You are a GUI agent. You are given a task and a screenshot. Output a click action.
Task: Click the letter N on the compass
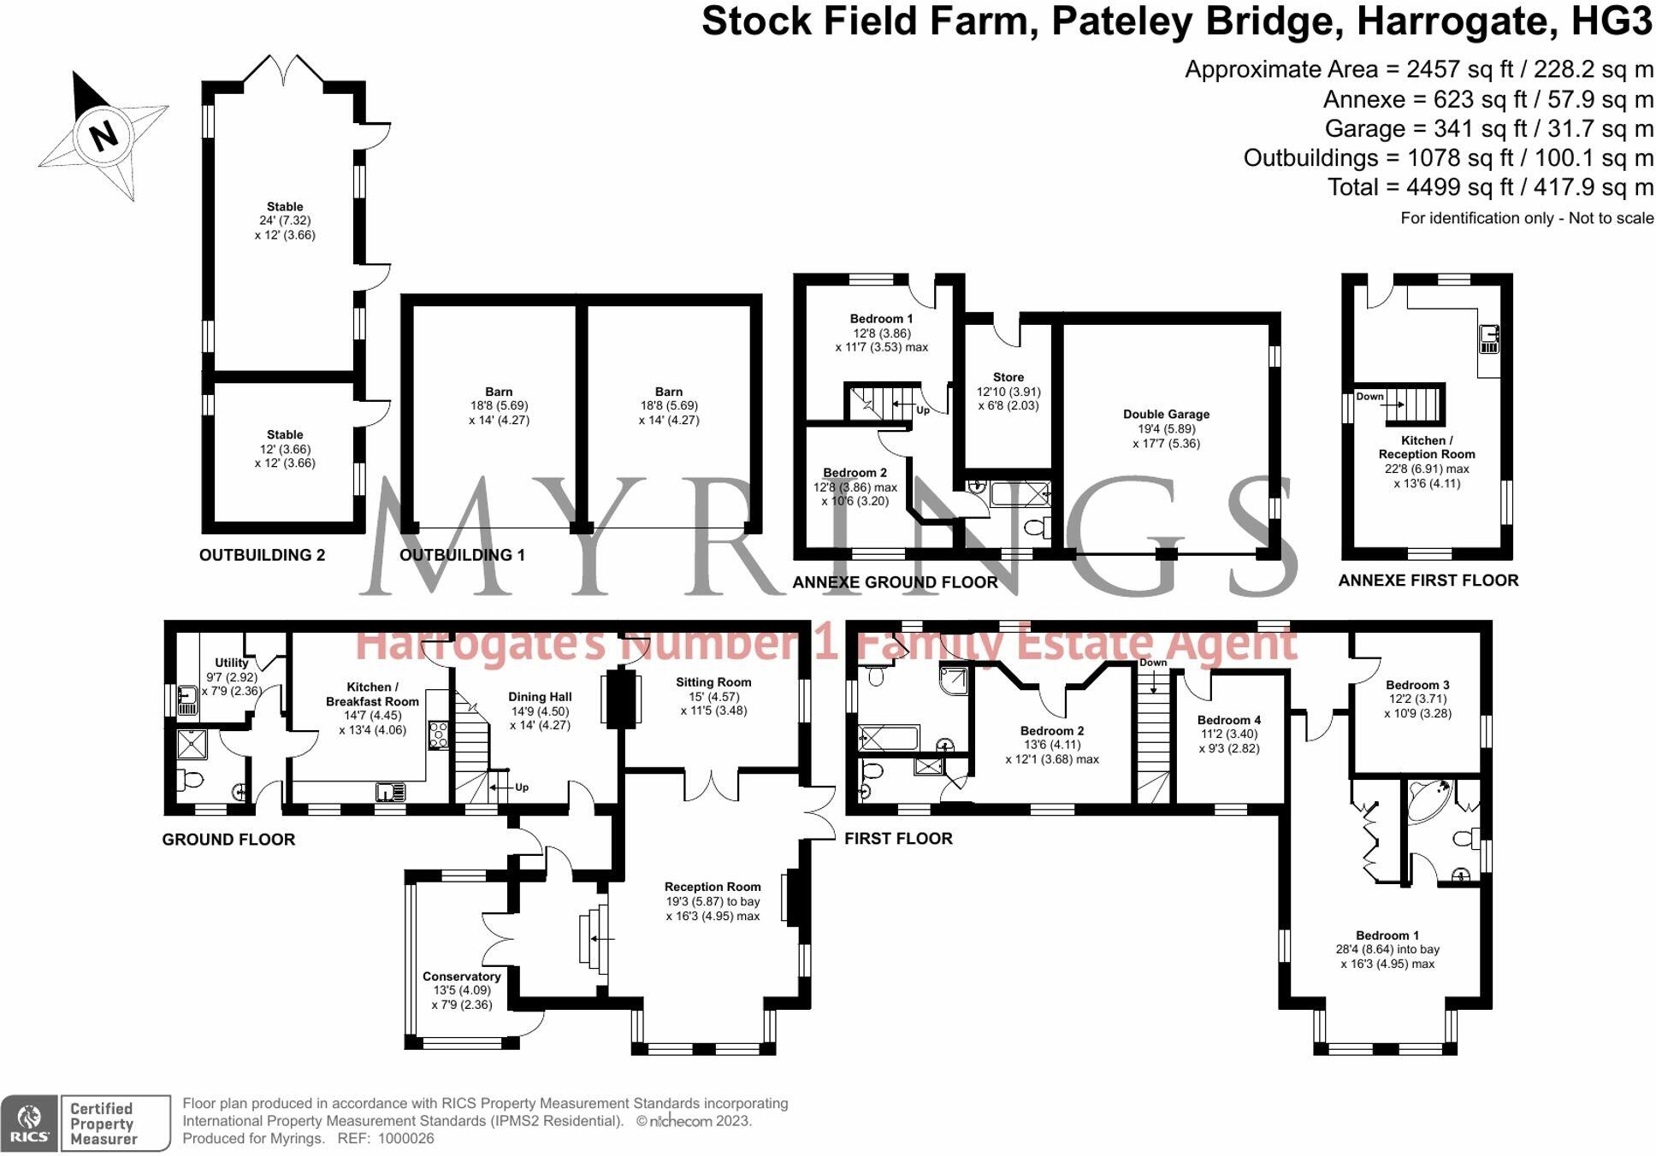[x=103, y=135]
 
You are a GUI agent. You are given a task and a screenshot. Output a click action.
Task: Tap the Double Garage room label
[x=1166, y=414]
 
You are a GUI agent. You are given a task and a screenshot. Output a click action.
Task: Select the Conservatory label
[x=461, y=976]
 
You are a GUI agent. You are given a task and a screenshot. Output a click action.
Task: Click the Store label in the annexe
[x=1008, y=377]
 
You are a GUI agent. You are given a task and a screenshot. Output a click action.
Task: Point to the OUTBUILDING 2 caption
[x=262, y=555]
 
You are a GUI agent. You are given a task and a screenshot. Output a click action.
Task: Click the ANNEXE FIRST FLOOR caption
[x=1428, y=581]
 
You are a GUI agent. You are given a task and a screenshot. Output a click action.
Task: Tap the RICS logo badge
[x=29, y=1124]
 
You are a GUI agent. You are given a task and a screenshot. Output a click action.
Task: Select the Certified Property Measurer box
[x=115, y=1124]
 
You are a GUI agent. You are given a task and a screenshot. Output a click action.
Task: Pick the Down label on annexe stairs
[x=1369, y=396]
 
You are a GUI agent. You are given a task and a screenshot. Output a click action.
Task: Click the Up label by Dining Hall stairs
[x=522, y=787]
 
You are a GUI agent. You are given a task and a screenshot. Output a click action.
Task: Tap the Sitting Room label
[x=713, y=682]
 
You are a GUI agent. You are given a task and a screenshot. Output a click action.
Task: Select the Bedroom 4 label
[x=1229, y=720]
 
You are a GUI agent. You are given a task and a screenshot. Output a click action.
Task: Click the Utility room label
[x=231, y=663]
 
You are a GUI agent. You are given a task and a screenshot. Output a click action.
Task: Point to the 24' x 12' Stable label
[x=285, y=221]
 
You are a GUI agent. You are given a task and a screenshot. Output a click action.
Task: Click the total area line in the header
[x=1490, y=187]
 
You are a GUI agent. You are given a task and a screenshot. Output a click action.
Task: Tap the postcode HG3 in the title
[x=1612, y=21]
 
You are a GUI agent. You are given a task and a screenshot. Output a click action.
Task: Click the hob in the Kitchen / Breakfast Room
[x=438, y=735]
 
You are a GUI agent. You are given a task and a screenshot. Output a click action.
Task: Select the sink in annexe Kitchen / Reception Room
[x=1489, y=339]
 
